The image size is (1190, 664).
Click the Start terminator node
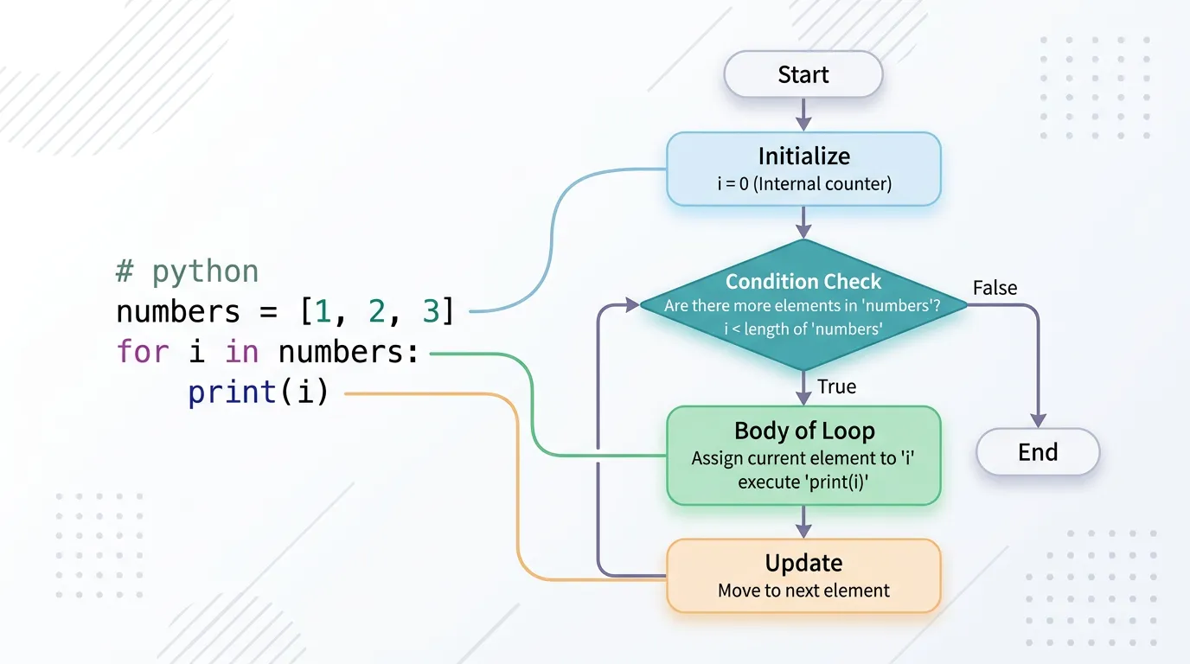coord(803,74)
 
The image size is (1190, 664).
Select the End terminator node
coord(1037,452)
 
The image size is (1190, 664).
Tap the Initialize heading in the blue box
coord(803,156)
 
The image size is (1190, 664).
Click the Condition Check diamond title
coord(803,282)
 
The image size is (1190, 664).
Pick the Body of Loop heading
coord(803,431)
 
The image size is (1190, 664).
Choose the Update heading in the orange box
coord(803,563)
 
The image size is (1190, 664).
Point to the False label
coord(995,288)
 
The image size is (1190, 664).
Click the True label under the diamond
coord(836,386)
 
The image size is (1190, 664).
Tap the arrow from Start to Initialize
coord(803,114)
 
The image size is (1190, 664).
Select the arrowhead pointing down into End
coord(1037,419)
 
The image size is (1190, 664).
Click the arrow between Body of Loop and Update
coord(803,522)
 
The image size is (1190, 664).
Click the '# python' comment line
coord(187,271)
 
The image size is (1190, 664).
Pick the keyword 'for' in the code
coord(143,352)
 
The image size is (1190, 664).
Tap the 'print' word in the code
coord(232,393)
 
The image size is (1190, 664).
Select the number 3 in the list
coord(430,311)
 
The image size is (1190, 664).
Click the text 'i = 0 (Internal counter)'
coord(803,183)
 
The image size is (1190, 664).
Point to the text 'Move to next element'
coord(803,591)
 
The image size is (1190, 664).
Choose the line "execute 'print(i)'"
coord(803,482)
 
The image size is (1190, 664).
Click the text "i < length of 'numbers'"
coord(803,328)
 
